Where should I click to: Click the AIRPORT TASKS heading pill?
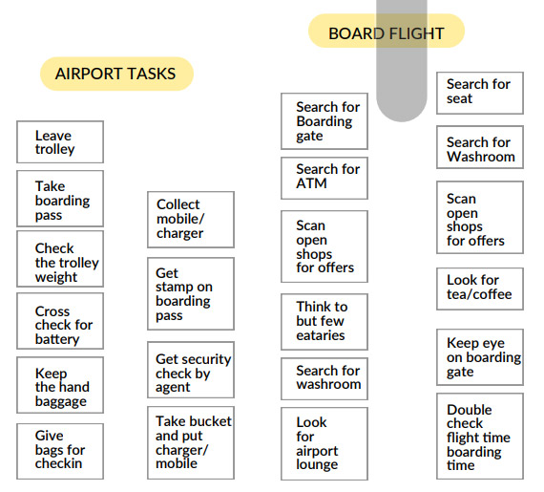pos(116,74)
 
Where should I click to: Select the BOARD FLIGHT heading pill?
pos(387,31)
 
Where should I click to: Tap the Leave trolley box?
pos(60,141)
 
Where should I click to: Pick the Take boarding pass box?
pos(60,199)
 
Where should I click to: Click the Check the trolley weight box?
pos(60,259)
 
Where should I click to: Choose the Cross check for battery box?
pos(60,321)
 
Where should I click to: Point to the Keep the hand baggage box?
pos(60,385)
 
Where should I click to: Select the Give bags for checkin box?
pos(60,451)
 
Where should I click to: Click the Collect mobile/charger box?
pos(191,220)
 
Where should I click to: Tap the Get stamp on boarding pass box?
pos(191,293)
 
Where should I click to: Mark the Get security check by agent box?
pos(191,370)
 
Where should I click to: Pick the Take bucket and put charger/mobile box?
pos(191,442)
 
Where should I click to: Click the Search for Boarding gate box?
pos(324,121)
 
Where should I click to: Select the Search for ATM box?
pos(324,178)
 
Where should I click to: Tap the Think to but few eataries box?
pos(324,322)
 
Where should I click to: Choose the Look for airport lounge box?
pos(324,443)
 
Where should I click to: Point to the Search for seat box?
pos(480,93)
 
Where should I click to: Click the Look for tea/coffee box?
pos(480,289)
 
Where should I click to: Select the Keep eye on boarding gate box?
pos(480,357)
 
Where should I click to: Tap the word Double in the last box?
pos(469,410)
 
